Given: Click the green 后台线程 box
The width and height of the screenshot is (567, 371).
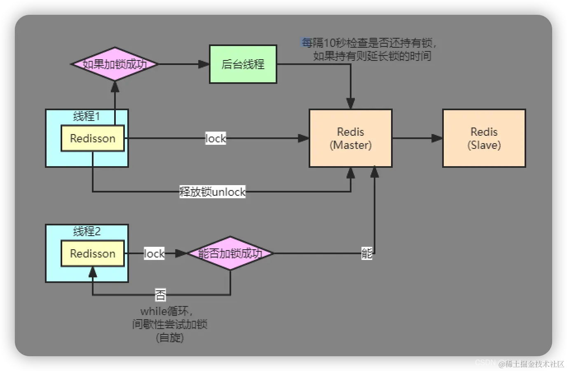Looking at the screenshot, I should pos(243,64).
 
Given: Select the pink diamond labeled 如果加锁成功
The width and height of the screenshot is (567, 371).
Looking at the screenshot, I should pos(115,64).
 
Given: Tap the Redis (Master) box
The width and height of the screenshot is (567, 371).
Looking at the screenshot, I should pos(350,138).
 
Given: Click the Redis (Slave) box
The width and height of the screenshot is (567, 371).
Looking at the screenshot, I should pos(484,138).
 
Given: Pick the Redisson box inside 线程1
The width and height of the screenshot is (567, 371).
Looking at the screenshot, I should pos(93,139).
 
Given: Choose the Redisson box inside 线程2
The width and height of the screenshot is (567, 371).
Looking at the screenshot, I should pos(93,254).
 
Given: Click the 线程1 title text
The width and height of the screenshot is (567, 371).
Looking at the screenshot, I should pos(87,116).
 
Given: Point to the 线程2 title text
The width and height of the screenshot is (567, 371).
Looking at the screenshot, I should pos(87,232).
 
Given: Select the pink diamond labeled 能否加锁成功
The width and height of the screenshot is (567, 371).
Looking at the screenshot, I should pos(230,253).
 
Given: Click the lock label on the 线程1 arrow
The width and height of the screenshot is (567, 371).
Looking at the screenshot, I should pos(216,139).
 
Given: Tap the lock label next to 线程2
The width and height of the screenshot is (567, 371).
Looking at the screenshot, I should pos(154,254).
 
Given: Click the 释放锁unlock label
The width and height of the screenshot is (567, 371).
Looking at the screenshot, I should pos(213,192).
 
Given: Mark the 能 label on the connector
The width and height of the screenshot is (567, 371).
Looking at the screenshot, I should pos(367,253).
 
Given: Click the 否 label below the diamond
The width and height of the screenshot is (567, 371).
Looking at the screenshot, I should pos(160,295).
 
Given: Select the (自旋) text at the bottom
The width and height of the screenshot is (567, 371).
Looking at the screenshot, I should pos(170,338).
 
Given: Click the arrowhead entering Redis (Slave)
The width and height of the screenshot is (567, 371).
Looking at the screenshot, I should pos(437,139).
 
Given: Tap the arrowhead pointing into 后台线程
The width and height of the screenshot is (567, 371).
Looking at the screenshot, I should pos(204,64).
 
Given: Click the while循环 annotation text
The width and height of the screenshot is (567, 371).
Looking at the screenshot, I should pos(166,311).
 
